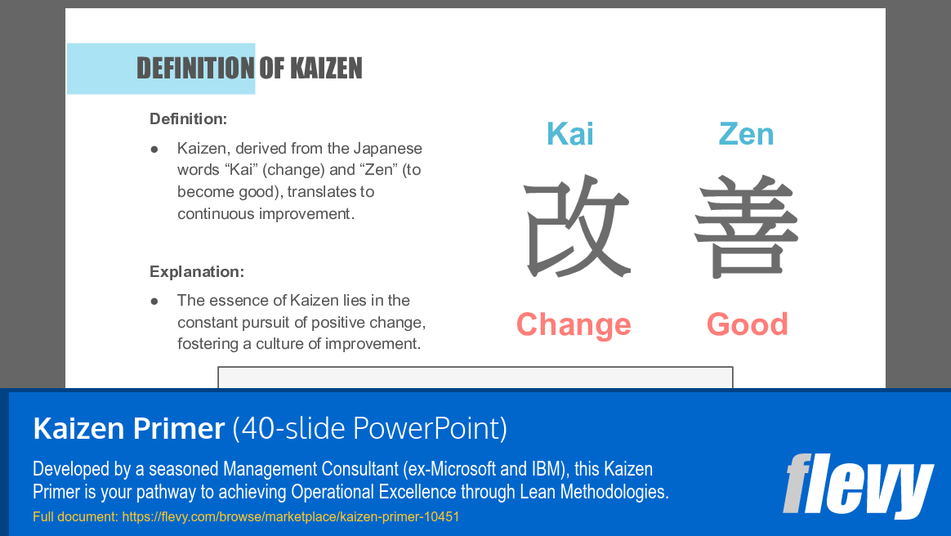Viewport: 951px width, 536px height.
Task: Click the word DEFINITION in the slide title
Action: coord(195,69)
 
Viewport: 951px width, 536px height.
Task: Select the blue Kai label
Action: coord(570,134)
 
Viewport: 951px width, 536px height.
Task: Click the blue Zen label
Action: coord(746,134)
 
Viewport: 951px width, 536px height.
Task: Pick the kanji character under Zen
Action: coord(746,226)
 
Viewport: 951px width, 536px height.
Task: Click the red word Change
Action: coord(574,324)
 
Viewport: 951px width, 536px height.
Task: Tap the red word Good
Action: coord(748,324)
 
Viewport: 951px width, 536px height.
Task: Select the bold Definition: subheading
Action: coord(188,119)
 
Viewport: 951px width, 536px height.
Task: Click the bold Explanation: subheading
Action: coord(197,272)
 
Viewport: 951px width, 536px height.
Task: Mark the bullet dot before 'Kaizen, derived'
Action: coord(154,150)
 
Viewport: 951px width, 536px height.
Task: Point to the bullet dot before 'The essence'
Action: coord(154,301)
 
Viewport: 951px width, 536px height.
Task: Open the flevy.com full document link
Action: coord(290,517)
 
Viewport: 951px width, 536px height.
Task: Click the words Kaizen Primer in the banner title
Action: coord(128,428)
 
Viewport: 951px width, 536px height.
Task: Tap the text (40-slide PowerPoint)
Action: coord(370,428)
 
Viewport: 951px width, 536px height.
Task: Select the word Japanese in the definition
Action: coord(387,149)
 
